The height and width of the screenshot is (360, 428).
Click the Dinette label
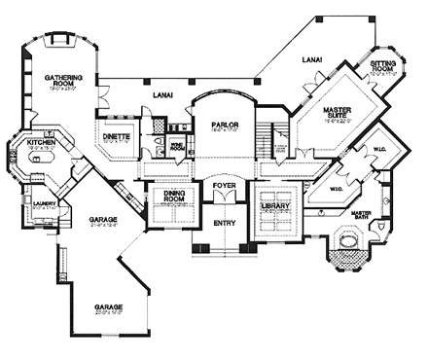coord(118,137)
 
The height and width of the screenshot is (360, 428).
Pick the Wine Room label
coord(178,144)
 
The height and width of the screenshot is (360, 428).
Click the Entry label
coord(224,223)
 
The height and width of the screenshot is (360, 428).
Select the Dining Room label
coord(171,199)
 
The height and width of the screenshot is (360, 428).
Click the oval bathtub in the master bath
coord(347,242)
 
